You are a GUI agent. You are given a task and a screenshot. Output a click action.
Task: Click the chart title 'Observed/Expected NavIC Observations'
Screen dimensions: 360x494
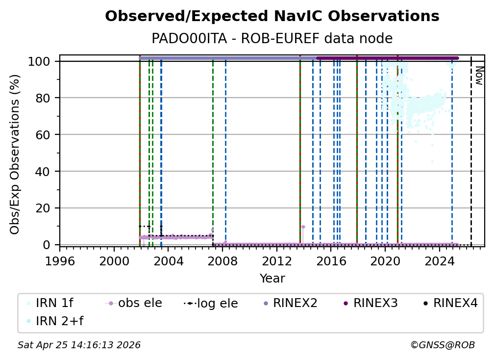[x=272, y=16]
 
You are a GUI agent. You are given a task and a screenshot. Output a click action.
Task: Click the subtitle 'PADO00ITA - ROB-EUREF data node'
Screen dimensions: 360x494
[x=272, y=39]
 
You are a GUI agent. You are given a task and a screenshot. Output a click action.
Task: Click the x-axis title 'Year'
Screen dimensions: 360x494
[x=272, y=279]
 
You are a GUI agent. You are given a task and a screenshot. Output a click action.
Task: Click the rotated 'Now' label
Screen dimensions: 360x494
[x=479, y=76]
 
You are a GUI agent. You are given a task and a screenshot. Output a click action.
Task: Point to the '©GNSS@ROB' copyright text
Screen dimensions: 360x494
[x=442, y=345]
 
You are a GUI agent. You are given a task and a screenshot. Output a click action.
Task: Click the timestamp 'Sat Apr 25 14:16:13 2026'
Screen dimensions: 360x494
[x=79, y=345]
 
